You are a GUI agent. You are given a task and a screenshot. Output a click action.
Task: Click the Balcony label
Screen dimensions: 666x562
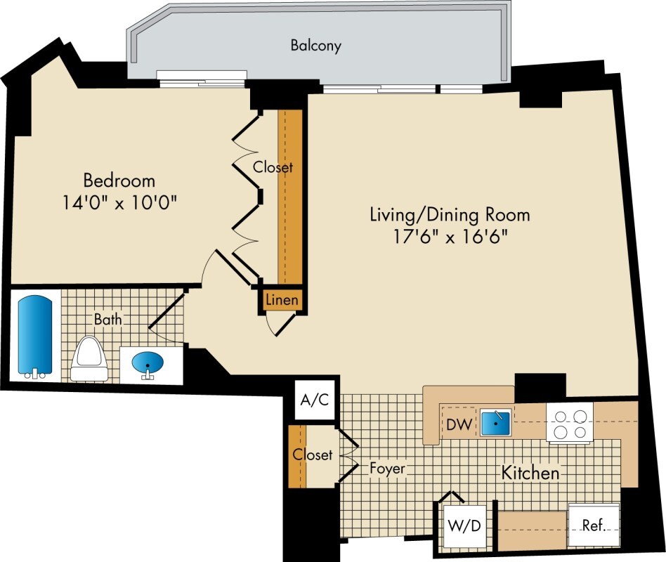click(315, 46)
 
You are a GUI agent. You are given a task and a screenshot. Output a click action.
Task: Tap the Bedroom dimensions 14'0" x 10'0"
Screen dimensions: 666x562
click(119, 202)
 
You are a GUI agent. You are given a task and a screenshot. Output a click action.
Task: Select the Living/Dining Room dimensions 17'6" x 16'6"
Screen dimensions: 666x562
click(450, 237)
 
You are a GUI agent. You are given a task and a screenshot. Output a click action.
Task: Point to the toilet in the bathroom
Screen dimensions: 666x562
click(89, 358)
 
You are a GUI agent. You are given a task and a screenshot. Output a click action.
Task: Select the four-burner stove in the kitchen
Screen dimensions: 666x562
click(570, 423)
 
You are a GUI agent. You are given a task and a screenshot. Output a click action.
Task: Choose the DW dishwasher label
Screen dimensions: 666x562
click(459, 424)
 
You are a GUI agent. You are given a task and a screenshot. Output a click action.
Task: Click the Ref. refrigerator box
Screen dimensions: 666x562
click(594, 525)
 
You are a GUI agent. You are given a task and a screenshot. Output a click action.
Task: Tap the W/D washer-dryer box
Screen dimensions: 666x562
click(464, 526)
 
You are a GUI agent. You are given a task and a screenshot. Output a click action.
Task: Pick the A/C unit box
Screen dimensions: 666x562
click(315, 400)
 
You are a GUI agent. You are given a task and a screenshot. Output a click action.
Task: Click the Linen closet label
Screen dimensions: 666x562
click(282, 301)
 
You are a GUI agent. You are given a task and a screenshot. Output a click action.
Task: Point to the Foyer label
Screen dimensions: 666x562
click(387, 468)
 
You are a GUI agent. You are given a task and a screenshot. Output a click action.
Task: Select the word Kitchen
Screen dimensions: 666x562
click(530, 472)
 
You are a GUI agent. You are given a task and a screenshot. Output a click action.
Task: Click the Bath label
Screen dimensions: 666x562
click(108, 319)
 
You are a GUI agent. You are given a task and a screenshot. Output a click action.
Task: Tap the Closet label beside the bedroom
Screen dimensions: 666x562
click(273, 167)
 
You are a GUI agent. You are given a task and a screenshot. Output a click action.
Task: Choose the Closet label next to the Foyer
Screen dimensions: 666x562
click(312, 455)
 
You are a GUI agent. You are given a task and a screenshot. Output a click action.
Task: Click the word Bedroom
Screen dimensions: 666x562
click(119, 181)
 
